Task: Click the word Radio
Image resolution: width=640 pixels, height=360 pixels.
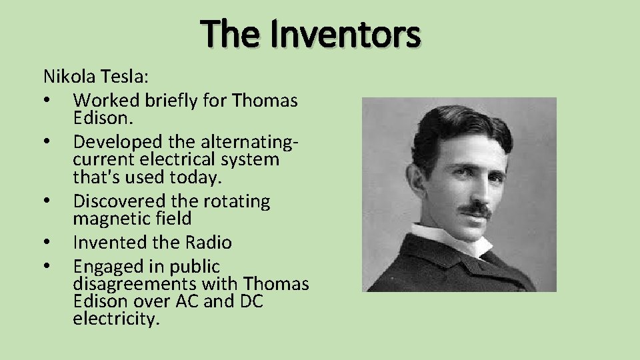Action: [208, 243]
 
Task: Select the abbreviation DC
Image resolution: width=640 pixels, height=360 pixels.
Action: [249, 301]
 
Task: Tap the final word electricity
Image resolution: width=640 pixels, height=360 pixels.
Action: [117, 319]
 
